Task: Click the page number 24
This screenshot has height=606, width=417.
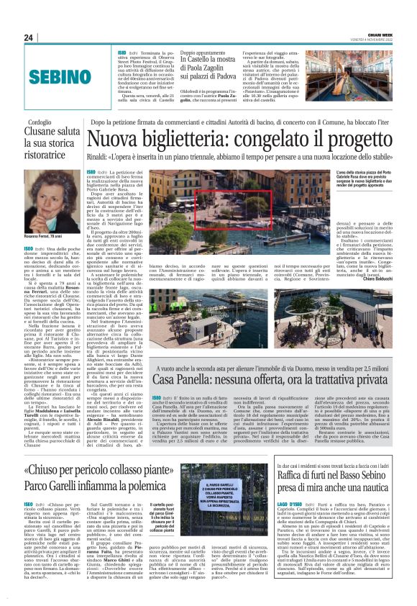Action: [29, 37]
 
